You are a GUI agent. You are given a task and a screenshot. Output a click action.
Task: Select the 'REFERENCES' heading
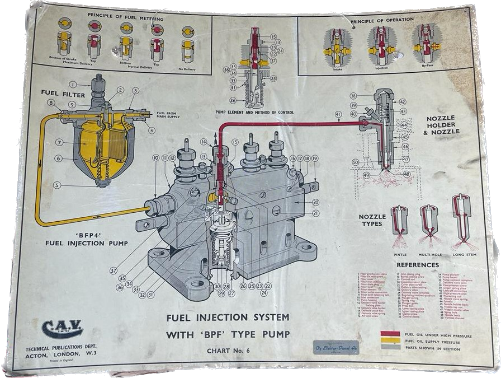click(417, 264)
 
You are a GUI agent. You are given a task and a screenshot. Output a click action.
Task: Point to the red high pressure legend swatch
click(390, 335)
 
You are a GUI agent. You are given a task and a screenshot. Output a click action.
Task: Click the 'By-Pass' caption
click(428, 69)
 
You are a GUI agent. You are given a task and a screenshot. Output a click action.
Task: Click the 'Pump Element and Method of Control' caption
click(255, 113)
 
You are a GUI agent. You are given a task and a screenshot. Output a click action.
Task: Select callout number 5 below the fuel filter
click(56, 185)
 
